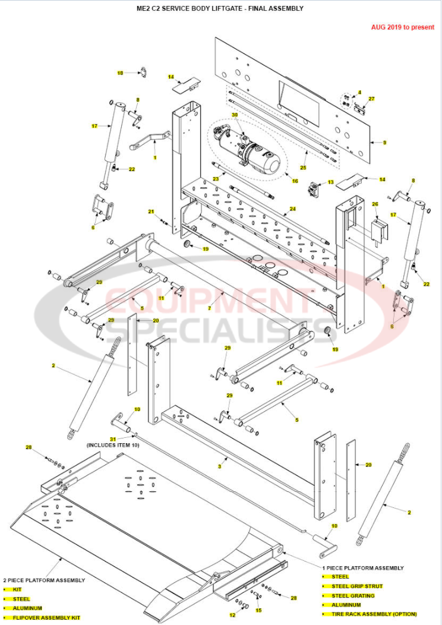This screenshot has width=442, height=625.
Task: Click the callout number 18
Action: (120, 73)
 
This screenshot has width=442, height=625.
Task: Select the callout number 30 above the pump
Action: (234, 115)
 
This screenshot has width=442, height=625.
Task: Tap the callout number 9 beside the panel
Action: (384, 143)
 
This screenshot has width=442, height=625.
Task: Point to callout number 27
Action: (372, 99)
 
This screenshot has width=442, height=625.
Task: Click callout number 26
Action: (375, 204)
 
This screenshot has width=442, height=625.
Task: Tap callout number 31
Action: (113, 438)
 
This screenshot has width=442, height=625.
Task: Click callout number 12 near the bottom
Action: (232, 615)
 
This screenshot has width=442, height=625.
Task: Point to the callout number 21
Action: (151, 212)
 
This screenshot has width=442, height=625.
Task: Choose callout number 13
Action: (331, 182)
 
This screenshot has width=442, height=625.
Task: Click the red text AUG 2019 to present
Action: (403, 27)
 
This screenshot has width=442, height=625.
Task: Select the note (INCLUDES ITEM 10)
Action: (113, 445)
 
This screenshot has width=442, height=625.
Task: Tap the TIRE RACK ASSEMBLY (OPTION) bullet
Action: (374, 614)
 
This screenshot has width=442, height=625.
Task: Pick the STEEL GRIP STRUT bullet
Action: (357, 586)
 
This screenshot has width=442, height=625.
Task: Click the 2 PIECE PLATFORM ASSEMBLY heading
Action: (44, 580)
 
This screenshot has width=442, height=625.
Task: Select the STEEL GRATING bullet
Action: (353, 596)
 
